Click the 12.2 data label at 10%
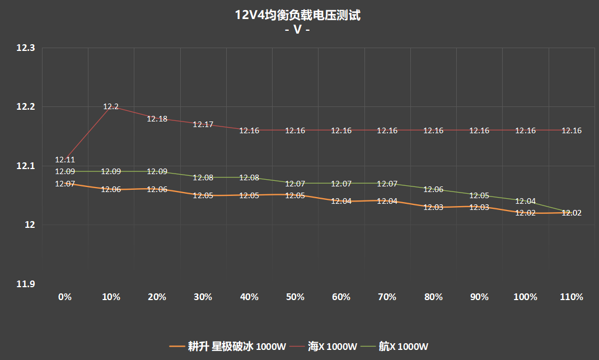point(111,106)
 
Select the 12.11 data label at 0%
point(65,160)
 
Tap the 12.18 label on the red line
point(157,119)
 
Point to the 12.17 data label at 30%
point(203,124)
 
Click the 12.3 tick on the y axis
point(26,49)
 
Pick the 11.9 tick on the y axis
point(26,284)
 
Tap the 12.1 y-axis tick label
point(26,166)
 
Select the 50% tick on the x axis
point(295,297)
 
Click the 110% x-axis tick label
point(572,297)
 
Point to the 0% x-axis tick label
point(65,297)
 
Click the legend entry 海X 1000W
point(332,347)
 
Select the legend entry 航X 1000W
point(404,347)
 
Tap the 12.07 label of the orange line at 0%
point(65,184)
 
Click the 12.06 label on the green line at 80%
point(433,189)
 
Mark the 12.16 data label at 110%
point(572,130)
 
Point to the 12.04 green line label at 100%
point(525,201)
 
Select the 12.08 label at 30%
point(203,177)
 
